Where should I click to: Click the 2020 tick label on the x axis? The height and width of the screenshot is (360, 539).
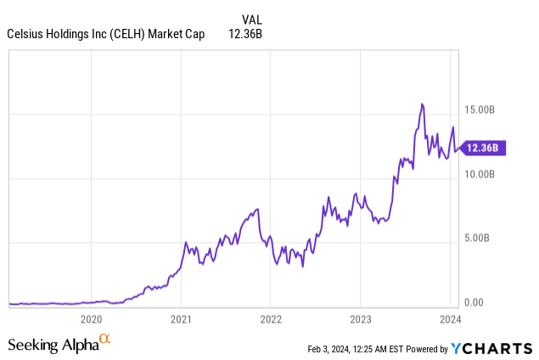91,320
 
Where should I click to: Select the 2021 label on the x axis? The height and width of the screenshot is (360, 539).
180,320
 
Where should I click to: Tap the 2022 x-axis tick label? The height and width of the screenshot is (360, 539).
270,320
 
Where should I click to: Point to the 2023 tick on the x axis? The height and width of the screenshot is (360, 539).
359,320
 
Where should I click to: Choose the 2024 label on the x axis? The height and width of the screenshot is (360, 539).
449,320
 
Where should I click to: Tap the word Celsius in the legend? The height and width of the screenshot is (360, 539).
26,34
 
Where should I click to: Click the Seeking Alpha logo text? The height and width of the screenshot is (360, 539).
53,345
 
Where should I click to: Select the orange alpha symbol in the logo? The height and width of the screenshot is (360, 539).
105,340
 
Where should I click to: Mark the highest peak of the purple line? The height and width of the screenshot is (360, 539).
422,104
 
